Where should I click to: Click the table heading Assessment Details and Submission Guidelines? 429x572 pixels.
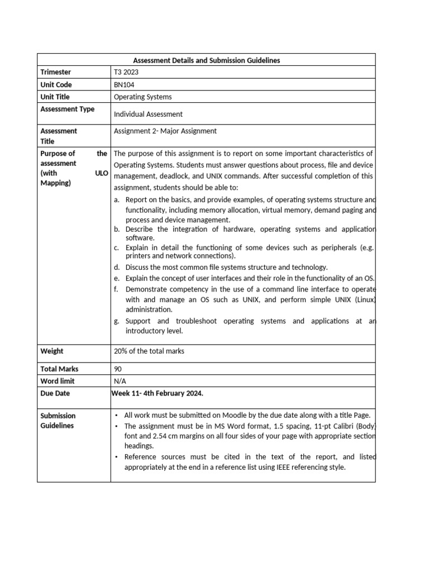pyautogui.click(x=206, y=60)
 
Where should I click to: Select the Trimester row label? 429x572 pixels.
pyautogui.click(x=56, y=72)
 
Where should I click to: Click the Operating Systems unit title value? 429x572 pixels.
pyautogui.click(x=142, y=97)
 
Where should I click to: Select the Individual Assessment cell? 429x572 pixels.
pyautogui.click(x=148, y=114)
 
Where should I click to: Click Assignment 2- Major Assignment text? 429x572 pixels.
pyautogui.click(x=165, y=131)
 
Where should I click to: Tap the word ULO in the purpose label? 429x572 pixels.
pyautogui.click(x=101, y=173)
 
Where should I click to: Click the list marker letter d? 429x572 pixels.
pyautogui.click(x=117, y=267)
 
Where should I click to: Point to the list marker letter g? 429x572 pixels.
pyautogui.click(x=117, y=321)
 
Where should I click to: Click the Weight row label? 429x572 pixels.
pyautogui.click(x=52, y=351)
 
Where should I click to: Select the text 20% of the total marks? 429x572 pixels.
pyautogui.click(x=149, y=351)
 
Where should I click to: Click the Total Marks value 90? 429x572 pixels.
pyautogui.click(x=118, y=369)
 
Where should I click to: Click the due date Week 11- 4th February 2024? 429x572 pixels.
pyautogui.click(x=158, y=393)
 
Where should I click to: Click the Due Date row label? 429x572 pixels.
pyautogui.click(x=55, y=393)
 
